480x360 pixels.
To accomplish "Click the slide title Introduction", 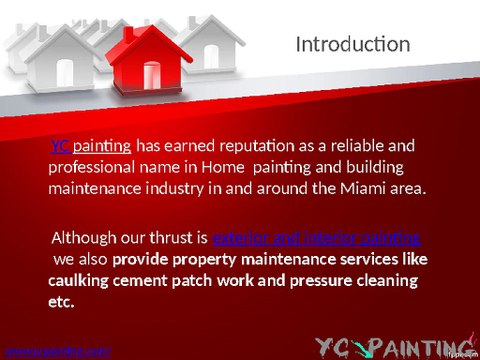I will pos(353,45).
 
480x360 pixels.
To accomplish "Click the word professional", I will pos(91,168).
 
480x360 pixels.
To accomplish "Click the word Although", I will pos(88,239).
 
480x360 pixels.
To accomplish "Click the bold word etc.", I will pos(61,301).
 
